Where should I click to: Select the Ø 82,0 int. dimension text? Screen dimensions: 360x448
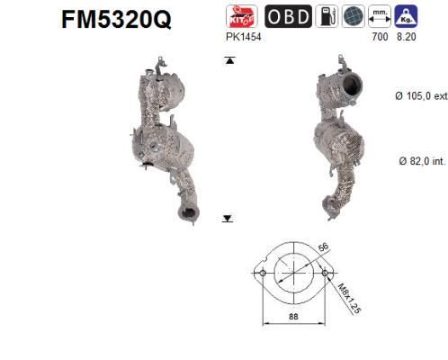click(x=420, y=161)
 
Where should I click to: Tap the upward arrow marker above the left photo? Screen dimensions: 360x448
click(x=229, y=60)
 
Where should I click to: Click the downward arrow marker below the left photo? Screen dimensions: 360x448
click(x=228, y=218)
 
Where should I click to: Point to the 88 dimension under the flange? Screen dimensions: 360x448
click(x=292, y=316)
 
